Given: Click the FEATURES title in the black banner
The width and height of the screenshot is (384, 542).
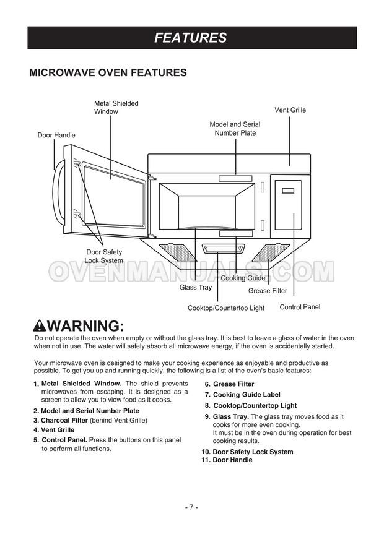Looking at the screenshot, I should (191, 38).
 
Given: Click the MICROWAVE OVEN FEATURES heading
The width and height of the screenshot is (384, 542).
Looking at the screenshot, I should (108, 73).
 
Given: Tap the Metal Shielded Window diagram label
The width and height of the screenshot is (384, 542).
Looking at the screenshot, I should (116, 108).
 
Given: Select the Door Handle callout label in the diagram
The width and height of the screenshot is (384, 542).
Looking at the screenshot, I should (56, 135).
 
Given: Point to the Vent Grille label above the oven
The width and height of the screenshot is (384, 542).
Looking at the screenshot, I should (290, 110).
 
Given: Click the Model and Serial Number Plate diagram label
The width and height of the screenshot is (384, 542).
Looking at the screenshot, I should (235, 129).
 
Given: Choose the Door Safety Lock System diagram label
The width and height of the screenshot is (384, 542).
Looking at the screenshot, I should (103, 256).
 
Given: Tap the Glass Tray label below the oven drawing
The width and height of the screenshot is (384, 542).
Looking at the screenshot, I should (196, 287).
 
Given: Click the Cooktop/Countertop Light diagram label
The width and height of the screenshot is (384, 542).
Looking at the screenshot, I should (225, 308).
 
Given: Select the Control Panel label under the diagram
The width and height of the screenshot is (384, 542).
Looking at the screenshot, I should (300, 307).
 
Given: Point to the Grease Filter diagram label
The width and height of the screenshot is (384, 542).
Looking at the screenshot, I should (268, 290).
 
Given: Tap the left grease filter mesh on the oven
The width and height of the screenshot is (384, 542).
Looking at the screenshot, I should (177, 251).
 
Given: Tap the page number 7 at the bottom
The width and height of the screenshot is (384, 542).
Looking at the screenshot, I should (191, 507).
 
